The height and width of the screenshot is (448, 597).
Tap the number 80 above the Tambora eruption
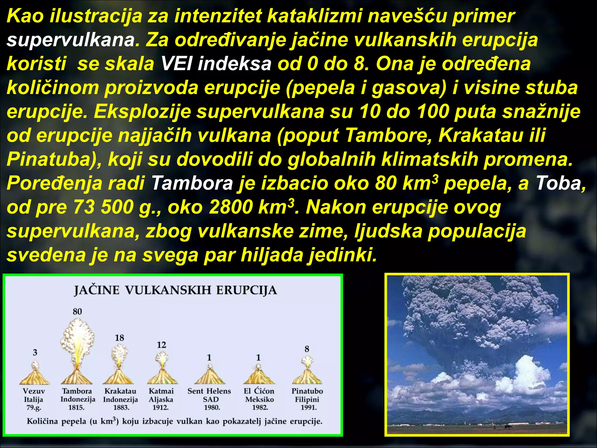[77, 311]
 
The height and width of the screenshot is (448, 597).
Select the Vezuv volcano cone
[35, 377]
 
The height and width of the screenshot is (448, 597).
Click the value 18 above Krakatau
[119, 338]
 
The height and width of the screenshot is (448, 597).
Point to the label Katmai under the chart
[161, 391]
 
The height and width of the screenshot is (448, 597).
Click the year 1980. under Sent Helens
[212, 407]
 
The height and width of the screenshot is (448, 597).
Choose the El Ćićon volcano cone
[259, 377]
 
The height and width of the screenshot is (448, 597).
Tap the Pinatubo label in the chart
[307, 391]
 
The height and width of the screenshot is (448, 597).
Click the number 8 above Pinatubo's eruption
[307, 349]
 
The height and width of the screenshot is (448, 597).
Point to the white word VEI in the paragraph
[176, 64]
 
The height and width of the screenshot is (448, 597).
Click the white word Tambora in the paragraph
[192, 183]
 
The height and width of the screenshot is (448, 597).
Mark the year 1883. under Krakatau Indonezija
[121, 407]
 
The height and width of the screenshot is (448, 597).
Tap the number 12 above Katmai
[161, 345]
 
